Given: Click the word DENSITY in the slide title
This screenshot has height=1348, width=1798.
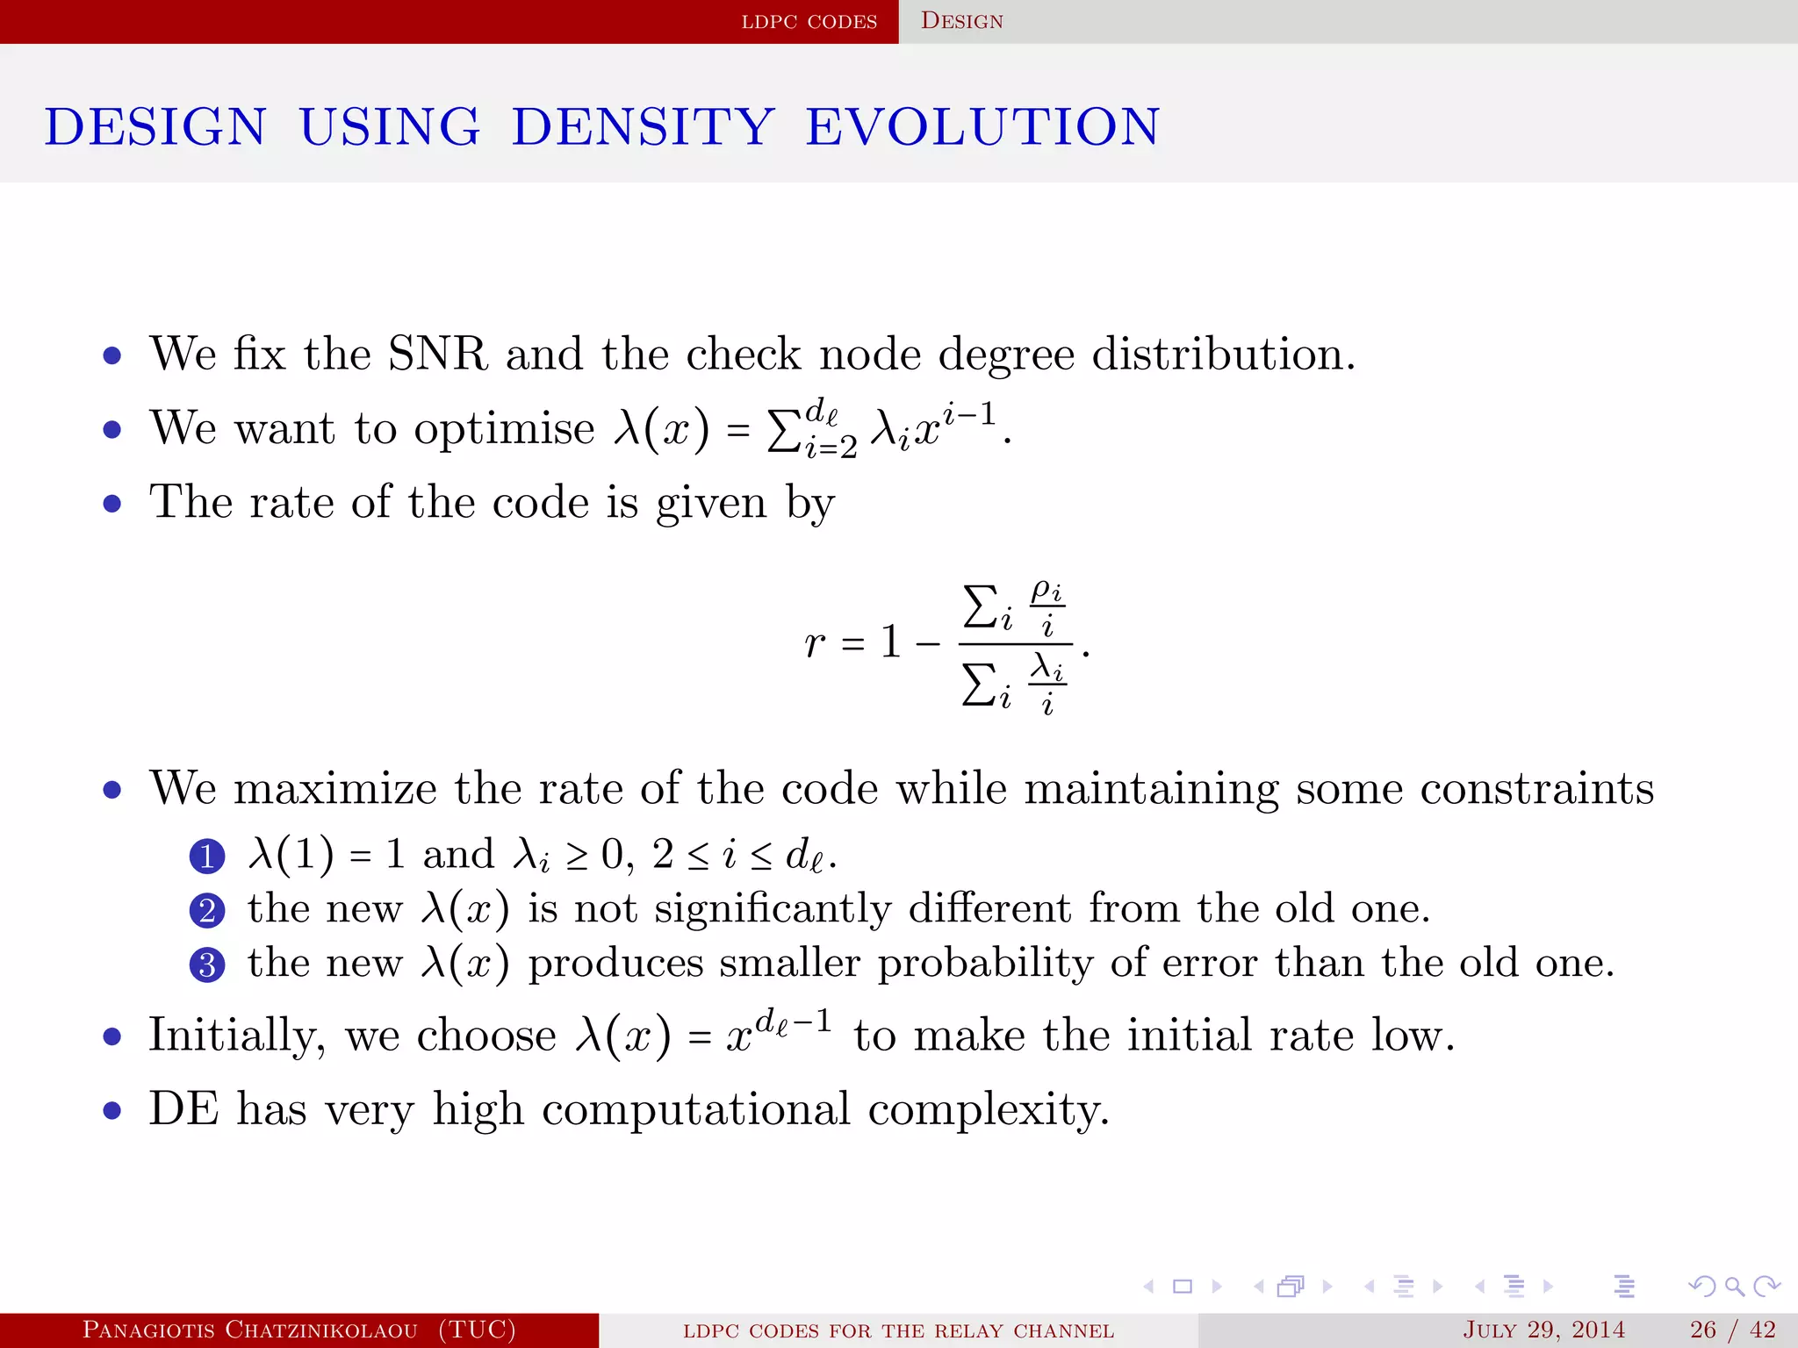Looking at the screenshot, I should click(x=643, y=126).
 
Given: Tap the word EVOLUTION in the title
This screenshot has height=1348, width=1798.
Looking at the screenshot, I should click(x=983, y=126).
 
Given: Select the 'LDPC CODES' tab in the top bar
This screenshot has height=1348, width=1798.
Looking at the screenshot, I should click(x=809, y=21).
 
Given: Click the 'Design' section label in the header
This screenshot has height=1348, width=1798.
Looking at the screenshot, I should click(x=961, y=21).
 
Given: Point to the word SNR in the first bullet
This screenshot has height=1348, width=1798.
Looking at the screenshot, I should click(x=437, y=354).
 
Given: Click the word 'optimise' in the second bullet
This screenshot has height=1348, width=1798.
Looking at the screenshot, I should click(x=504, y=429).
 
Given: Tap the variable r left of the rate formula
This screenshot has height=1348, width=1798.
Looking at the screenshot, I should click(x=814, y=642).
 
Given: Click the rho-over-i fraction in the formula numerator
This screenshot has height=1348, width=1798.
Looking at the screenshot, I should click(x=1046, y=606).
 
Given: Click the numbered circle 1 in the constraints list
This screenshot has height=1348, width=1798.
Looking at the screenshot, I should click(x=207, y=856).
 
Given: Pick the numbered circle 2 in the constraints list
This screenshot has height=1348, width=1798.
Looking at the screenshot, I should click(x=207, y=910).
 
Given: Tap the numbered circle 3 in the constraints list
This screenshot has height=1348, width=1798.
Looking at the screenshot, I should click(x=207, y=964).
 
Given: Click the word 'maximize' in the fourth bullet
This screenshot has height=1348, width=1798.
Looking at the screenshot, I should click(x=334, y=788).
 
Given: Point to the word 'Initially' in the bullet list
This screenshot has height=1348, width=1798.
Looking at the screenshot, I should click(x=236, y=1036).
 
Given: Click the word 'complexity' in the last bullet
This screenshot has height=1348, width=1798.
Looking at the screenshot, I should click(x=989, y=1109).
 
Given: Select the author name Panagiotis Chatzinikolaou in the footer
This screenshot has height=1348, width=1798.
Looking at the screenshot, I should click(x=249, y=1330).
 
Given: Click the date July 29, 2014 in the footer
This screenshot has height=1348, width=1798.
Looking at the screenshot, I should click(x=1543, y=1330).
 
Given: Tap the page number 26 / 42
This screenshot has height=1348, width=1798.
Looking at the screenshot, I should click(x=1732, y=1330).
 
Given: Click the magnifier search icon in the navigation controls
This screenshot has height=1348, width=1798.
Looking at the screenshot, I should click(x=1734, y=1287).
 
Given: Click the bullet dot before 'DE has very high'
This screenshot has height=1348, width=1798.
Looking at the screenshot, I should click(x=111, y=1111).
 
